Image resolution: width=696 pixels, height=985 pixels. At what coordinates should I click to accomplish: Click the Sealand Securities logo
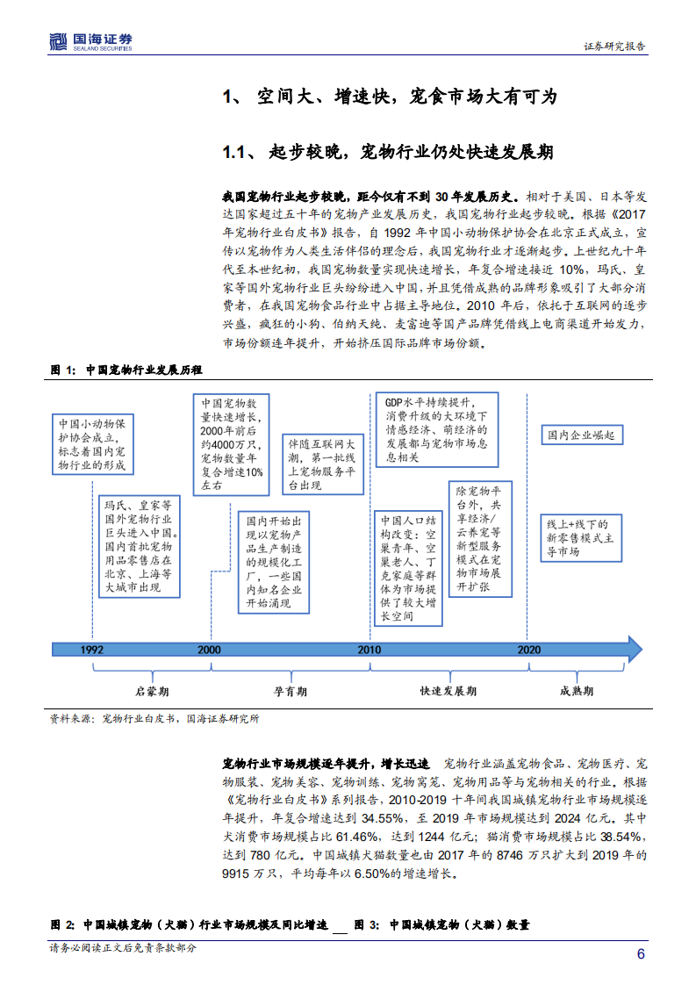tap(90, 41)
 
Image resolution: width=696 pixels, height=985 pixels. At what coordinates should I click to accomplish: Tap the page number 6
tap(641, 955)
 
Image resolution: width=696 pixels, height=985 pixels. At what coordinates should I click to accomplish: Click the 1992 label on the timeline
tap(92, 650)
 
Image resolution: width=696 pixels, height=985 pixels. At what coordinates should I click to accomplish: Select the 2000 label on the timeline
tap(210, 650)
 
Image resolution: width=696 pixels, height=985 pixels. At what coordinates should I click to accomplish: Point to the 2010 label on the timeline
tap(370, 650)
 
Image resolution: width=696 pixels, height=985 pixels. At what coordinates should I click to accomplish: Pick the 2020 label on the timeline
tap(528, 650)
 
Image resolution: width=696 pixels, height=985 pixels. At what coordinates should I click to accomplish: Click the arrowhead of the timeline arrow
tap(634, 650)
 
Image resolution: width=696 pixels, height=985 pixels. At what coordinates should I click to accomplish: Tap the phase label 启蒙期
tap(151, 691)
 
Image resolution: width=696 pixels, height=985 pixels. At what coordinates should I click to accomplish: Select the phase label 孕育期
tap(290, 691)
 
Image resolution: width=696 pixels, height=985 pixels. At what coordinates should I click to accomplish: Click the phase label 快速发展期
tap(448, 691)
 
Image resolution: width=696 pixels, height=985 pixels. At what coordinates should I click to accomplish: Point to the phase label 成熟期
tap(577, 691)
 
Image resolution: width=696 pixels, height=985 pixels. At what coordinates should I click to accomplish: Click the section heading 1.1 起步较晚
tap(387, 153)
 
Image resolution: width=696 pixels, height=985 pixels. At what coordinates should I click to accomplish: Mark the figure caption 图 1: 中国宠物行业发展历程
tap(126, 370)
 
